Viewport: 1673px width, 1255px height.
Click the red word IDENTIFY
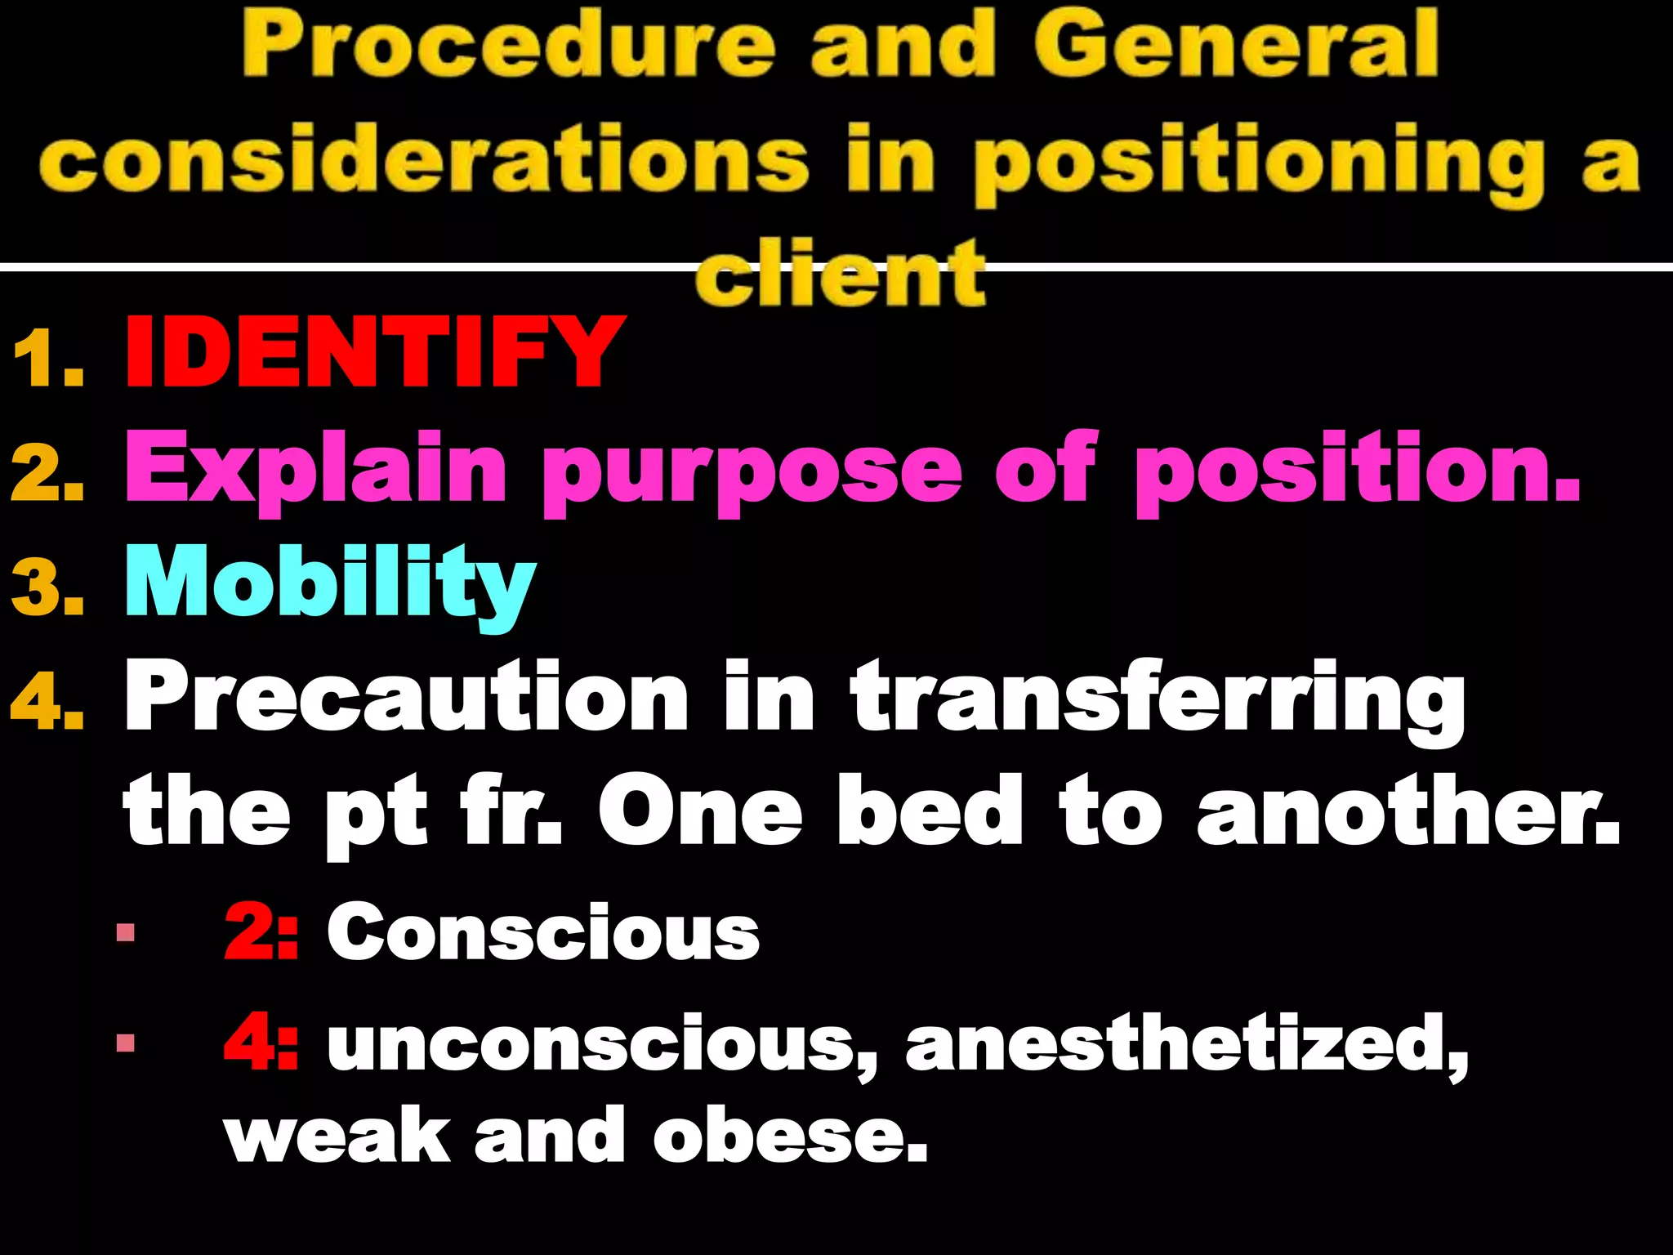[x=374, y=352]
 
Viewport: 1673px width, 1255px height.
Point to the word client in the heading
[x=841, y=274]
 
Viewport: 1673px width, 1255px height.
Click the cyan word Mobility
[x=330, y=582]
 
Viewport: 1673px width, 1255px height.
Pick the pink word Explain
[x=315, y=470]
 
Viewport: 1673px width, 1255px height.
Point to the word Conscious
[x=543, y=932]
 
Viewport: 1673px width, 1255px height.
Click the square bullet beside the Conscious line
[x=126, y=932]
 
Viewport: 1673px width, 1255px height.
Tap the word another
[x=1407, y=813]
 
